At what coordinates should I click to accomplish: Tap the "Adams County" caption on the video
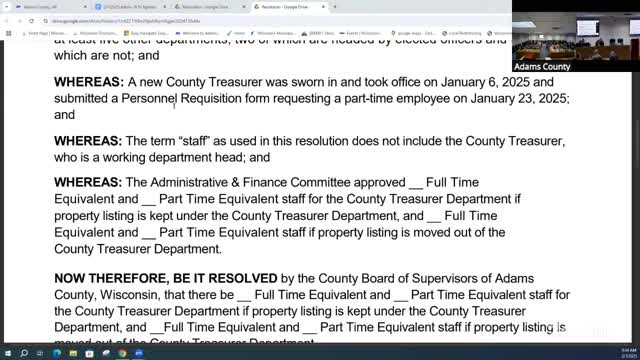(x=542, y=67)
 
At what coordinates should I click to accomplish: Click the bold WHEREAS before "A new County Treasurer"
(x=89, y=82)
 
